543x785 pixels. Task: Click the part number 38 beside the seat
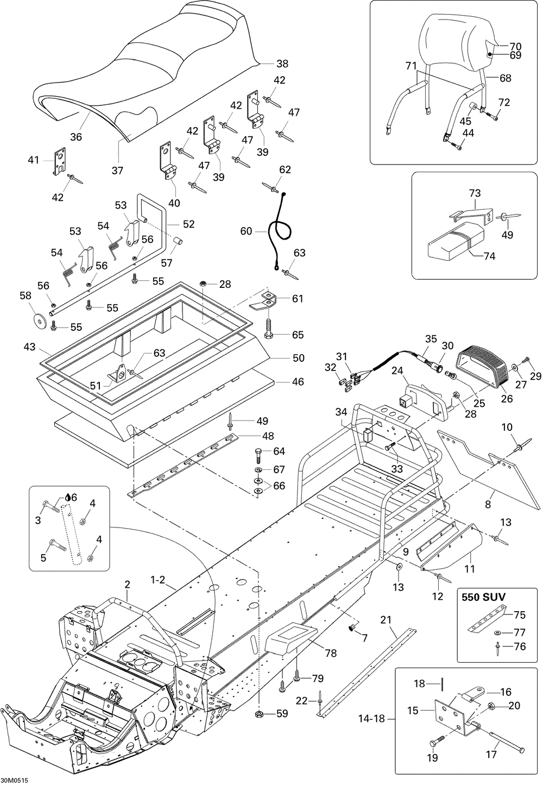(x=282, y=63)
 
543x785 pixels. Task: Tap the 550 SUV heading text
(x=483, y=596)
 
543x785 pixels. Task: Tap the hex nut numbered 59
(x=260, y=713)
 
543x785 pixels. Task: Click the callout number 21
(x=386, y=620)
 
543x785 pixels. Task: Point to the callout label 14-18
(x=372, y=719)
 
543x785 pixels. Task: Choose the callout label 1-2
(x=157, y=580)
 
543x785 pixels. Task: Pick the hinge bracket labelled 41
(x=59, y=161)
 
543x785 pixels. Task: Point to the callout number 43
(x=30, y=346)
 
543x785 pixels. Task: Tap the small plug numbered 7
(x=351, y=628)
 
